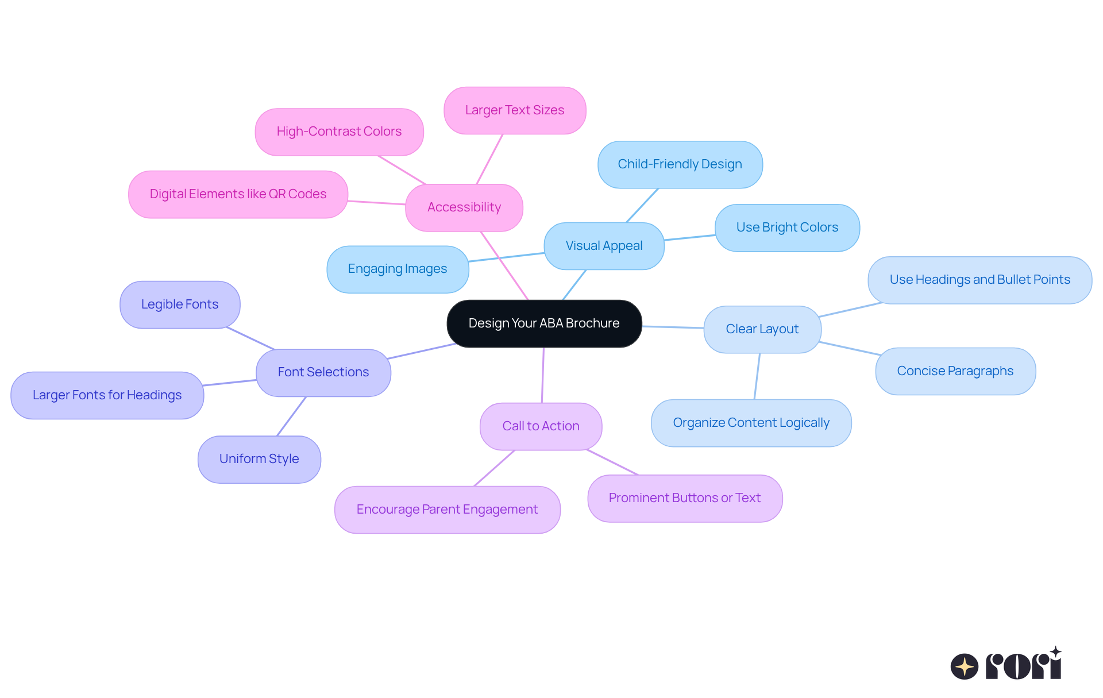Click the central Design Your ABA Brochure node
click(544, 323)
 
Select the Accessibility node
click(464, 207)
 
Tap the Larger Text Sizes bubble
click(514, 110)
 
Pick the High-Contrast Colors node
click(339, 132)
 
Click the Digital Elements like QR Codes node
click(238, 194)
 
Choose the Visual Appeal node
click(604, 246)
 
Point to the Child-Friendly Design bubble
click(680, 164)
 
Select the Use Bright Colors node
click(787, 227)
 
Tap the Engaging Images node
click(398, 269)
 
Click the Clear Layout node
click(762, 329)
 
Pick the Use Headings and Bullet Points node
click(979, 280)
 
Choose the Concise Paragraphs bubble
click(955, 371)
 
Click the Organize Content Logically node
click(751, 423)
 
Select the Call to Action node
click(541, 426)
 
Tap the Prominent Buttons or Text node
click(684, 498)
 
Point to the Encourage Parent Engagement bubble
click(447, 510)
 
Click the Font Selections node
click(323, 372)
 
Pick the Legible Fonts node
click(180, 304)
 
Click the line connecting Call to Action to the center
click(543, 375)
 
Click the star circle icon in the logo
click(964, 666)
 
